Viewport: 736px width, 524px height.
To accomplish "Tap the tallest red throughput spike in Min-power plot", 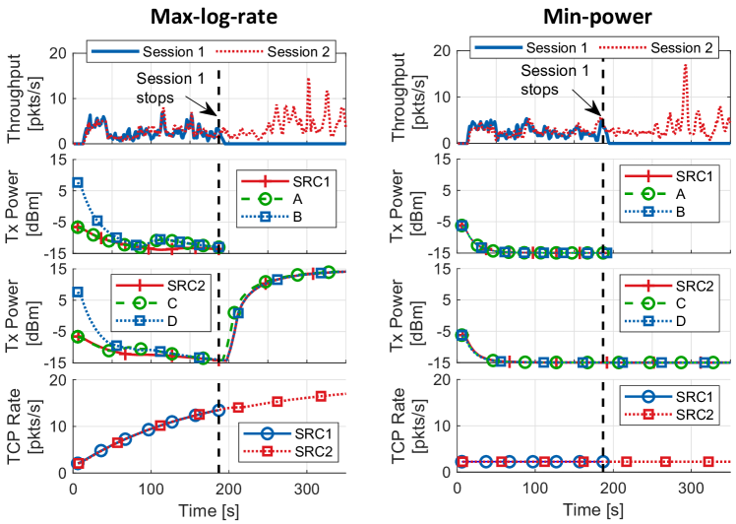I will coord(685,66).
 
